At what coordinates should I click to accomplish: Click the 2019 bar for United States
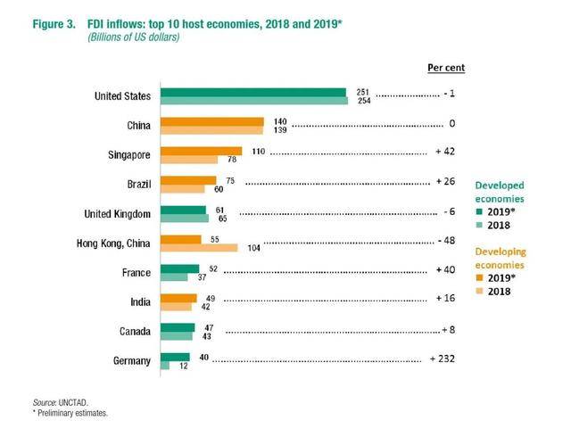[252, 92]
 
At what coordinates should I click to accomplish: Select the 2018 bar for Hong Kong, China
[198, 248]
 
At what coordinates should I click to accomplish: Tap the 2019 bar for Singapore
[201, 151]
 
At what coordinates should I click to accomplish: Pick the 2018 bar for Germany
[165, 366]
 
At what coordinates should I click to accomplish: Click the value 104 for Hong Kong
[252, 248]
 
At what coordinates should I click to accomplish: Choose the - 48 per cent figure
[449, 241]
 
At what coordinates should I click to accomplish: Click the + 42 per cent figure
[446, 153]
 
